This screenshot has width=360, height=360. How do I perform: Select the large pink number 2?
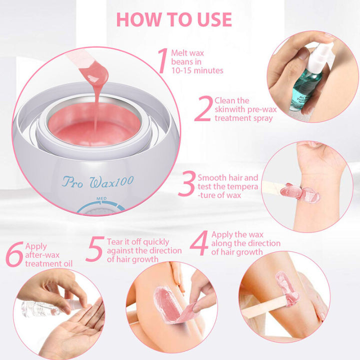point(202,109)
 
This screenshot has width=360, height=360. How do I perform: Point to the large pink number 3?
point(186,184)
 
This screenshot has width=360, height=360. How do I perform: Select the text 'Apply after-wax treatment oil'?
point(48,255)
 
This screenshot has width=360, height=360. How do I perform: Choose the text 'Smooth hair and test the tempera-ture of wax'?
point(227,186)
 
